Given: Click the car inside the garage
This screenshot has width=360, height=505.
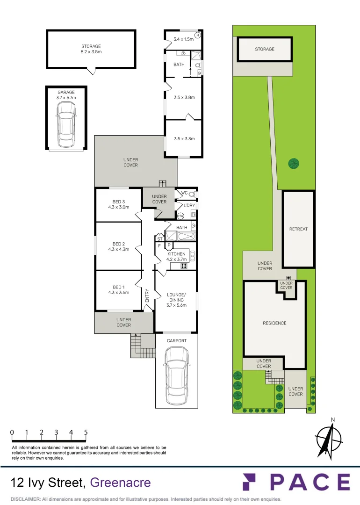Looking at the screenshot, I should (x=66, y=124).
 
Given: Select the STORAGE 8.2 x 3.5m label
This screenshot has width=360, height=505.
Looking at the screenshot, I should (x=91, y=49).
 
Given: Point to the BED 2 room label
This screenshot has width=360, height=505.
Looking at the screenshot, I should (x=118, y=246).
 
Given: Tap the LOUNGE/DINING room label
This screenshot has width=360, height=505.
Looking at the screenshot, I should (x=176, y=300).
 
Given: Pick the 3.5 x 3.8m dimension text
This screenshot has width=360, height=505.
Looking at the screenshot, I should (x=184, y=98).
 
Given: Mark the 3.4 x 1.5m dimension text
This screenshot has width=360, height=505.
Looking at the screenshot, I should (x=183, y=39).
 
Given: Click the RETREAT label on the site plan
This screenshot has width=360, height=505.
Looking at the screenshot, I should (x=298, y=229).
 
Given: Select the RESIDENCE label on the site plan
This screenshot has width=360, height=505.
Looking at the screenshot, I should (x=274, y=323).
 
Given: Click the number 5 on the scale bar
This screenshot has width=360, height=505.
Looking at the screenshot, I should (x=86, y=433).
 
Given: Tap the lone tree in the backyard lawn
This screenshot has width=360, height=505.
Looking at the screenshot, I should (x=294, y=163).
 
